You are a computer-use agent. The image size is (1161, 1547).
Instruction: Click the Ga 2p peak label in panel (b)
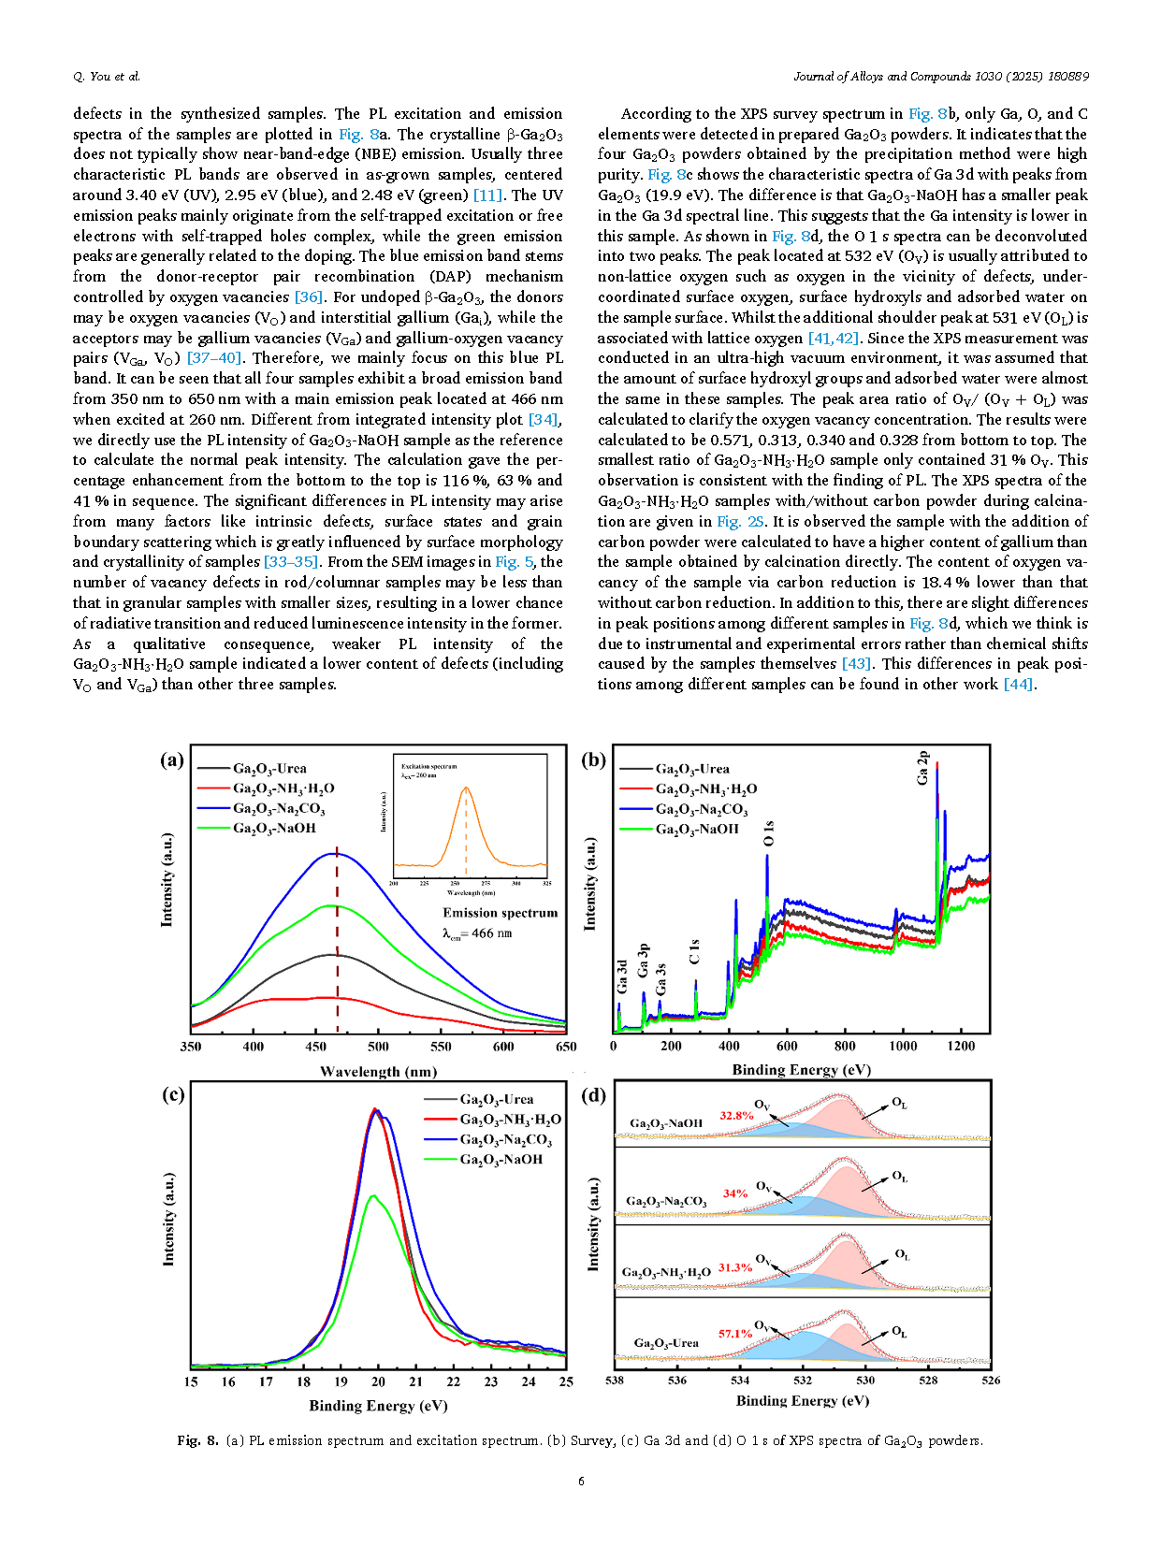tap(922, 768)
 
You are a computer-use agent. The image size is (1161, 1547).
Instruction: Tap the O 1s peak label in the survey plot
tap(769, 833)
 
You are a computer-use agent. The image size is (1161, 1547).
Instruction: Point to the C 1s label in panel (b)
tap(694, 951)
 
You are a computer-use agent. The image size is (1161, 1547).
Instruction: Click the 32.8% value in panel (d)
tap(736, 1116)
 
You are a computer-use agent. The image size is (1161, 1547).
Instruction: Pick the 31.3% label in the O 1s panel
tap(735, 1267)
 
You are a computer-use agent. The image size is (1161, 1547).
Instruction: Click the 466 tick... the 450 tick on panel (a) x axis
tap(316, 1047)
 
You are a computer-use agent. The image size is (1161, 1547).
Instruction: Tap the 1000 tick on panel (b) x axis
tap(902, 1046)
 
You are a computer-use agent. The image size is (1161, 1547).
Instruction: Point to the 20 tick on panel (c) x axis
tap(379, 1382)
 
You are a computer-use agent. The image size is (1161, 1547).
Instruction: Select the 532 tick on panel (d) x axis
tap(802, 1380)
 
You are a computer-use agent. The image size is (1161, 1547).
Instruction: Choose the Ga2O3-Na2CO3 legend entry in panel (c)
tap(487, 1139)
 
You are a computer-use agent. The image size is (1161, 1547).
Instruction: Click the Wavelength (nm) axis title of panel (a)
tap(379, 1071)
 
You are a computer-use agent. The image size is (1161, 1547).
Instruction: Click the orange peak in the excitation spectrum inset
tap(465, 788)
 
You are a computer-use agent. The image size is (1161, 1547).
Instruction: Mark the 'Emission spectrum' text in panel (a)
tap(500, 913)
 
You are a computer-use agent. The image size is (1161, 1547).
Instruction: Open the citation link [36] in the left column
tap(309, 296)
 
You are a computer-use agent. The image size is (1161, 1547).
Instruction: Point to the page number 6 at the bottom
tap(581, 1481)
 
